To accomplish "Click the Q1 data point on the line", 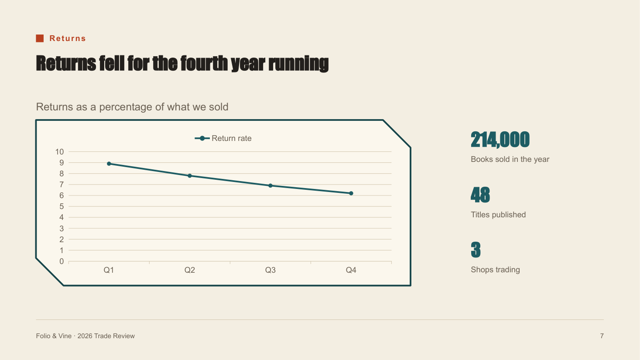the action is (109, 164).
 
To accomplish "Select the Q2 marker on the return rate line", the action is (190, 176).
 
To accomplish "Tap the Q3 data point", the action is (270, 186).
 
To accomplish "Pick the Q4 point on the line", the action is (351, 193).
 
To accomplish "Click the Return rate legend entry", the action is (223, 138).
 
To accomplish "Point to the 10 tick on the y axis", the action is (60, 152).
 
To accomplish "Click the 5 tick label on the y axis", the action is (62, 207).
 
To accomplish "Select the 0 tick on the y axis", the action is (62, 261).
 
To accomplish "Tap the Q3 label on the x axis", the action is (270, 270).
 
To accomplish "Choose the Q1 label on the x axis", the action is (109, 270).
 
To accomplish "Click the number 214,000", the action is (500, 140).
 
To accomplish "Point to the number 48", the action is (480, 195).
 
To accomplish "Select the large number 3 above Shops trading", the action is (476, 250).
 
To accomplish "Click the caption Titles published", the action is (498, 215).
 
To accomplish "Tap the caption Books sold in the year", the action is (510, 159).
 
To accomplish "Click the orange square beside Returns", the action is (40, 38).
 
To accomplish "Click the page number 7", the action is (602, 336).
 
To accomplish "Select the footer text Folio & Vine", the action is (53, 336).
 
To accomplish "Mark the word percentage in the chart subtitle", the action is (126, 107).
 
